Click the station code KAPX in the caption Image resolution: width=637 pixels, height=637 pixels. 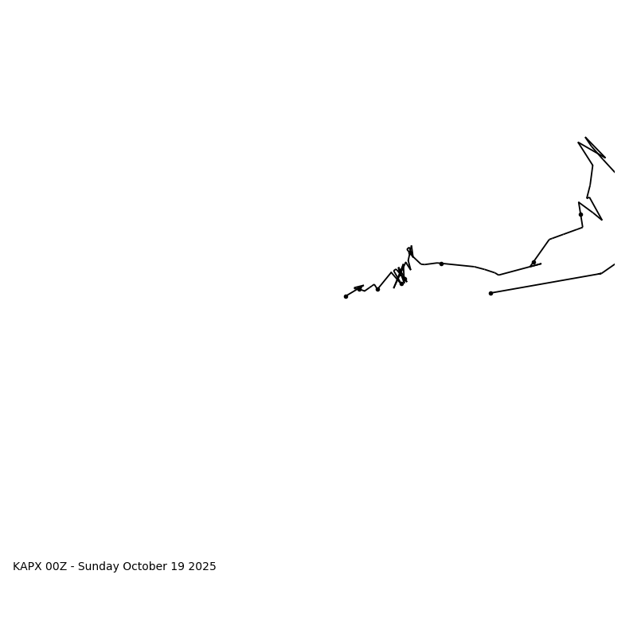coord(27,567)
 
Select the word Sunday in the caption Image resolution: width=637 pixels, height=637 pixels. coord(99,567)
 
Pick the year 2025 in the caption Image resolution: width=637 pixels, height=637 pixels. coord(202,567)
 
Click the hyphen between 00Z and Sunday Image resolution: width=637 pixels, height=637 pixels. coord(72,567)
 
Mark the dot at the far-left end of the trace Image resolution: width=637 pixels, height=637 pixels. coord(346,296)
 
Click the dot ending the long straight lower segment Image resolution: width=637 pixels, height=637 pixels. coord(490,293)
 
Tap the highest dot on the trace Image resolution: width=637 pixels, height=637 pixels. coord(580,214)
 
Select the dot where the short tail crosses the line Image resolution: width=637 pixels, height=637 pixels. coord(533,263)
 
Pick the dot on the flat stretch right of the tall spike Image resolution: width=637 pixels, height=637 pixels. coord(441,264)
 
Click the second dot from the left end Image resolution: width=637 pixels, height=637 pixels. coord(359,289)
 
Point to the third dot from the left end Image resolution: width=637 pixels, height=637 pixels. coord(377,289)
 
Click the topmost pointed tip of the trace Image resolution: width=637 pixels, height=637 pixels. coord(586,138)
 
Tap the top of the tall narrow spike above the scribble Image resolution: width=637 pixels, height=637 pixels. coord(412,246)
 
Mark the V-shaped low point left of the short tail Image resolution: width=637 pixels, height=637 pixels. coord(499,275)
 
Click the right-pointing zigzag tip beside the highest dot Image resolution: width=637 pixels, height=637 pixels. coord(602,220)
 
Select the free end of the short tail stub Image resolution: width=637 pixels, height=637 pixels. coord(541,264)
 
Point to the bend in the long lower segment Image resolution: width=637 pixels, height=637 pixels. coord(601,274)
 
